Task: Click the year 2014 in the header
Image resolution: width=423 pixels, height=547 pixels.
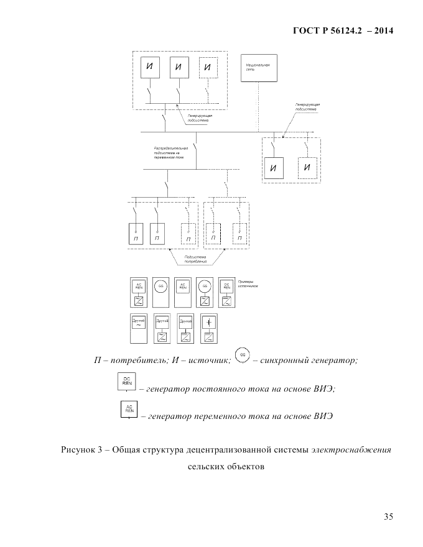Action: [x=380, y=31]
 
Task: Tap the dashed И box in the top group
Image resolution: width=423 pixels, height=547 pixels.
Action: [x=208, y=68]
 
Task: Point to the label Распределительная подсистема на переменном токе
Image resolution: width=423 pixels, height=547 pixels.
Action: [x=171, y=153]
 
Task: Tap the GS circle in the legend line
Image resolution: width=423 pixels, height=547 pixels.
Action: [x=243, y=355]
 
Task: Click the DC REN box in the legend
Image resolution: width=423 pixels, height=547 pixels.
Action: [x=126, y=382]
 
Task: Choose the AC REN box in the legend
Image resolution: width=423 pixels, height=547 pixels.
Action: [x=129, y=410]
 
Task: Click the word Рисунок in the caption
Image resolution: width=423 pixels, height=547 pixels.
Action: [x=78, y=449]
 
